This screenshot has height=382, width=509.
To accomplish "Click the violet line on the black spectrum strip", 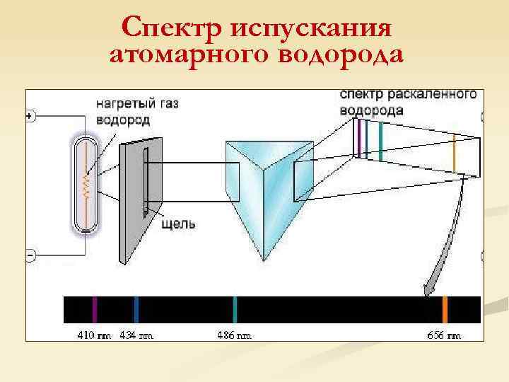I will [x=95, y=310].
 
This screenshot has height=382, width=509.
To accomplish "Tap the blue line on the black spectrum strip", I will [x=136, y=310].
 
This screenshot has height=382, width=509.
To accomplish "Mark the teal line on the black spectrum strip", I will [x=235, y=310].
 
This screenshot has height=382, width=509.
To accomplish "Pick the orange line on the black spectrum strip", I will [x=445, y=310].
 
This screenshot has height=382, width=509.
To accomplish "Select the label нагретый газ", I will [x=137, y=103].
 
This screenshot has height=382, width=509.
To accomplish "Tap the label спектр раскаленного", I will [x=408, y=95].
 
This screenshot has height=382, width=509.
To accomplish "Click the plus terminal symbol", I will [x=30, y=116].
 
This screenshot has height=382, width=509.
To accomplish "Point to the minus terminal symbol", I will [x=30, y=253].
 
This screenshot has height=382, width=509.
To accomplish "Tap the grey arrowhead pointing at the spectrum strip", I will [x=428, y=289].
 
